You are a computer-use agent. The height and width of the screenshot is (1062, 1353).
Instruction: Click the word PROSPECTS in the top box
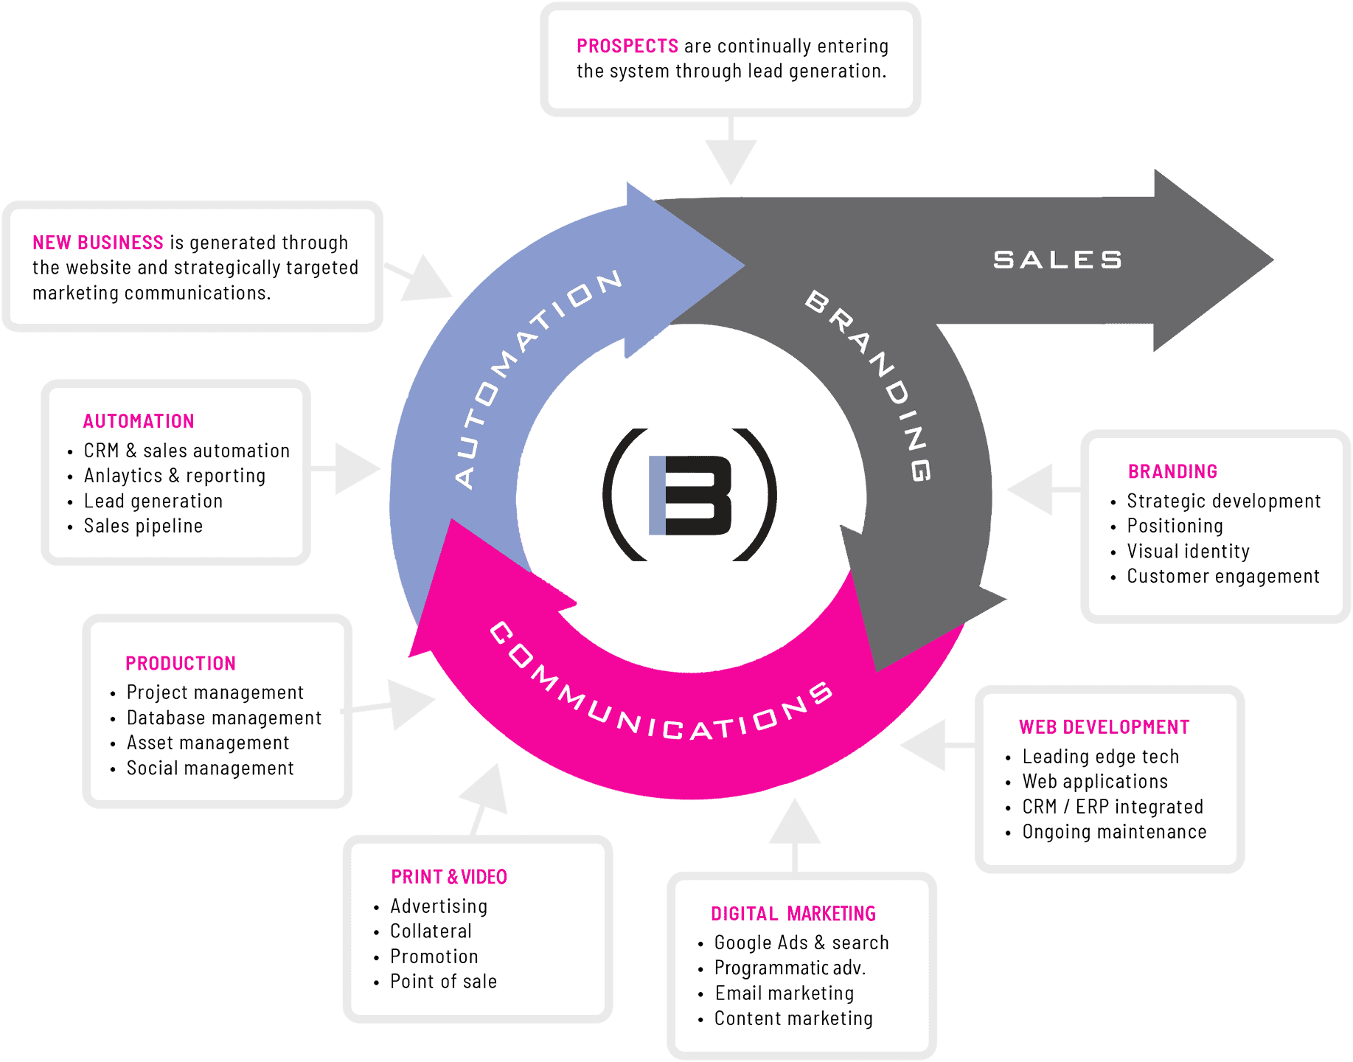[627, 46]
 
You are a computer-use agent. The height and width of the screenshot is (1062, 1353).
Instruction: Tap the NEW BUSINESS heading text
[97, 243]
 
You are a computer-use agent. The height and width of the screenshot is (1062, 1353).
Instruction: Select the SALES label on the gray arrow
[1057, 260]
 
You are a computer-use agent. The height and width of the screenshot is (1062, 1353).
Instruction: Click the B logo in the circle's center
[690, 495]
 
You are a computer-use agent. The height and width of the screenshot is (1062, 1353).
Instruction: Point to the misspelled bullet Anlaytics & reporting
[174, 476]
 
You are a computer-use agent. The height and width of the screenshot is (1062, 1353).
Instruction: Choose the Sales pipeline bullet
[143, 526]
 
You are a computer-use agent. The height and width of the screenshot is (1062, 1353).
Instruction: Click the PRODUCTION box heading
[181, 663]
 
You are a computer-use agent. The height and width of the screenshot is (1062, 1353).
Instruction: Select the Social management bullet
[210, 768]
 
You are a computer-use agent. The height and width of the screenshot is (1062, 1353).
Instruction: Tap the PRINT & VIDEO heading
[448, 877]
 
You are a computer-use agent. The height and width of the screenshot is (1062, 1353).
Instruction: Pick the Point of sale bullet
[443, 982]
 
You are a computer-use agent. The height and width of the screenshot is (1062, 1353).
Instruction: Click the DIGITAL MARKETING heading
[793, 914]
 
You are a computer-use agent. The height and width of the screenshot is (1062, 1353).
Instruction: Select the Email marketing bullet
[784, 993]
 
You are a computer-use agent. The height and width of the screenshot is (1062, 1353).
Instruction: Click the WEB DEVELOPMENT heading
[1104, 727]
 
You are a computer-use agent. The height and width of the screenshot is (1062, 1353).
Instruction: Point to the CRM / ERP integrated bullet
[1112, 807]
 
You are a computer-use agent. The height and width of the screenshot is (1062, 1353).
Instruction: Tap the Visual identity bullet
[1188, 552]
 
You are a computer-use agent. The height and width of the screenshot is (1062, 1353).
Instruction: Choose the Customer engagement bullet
[1222, 577]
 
